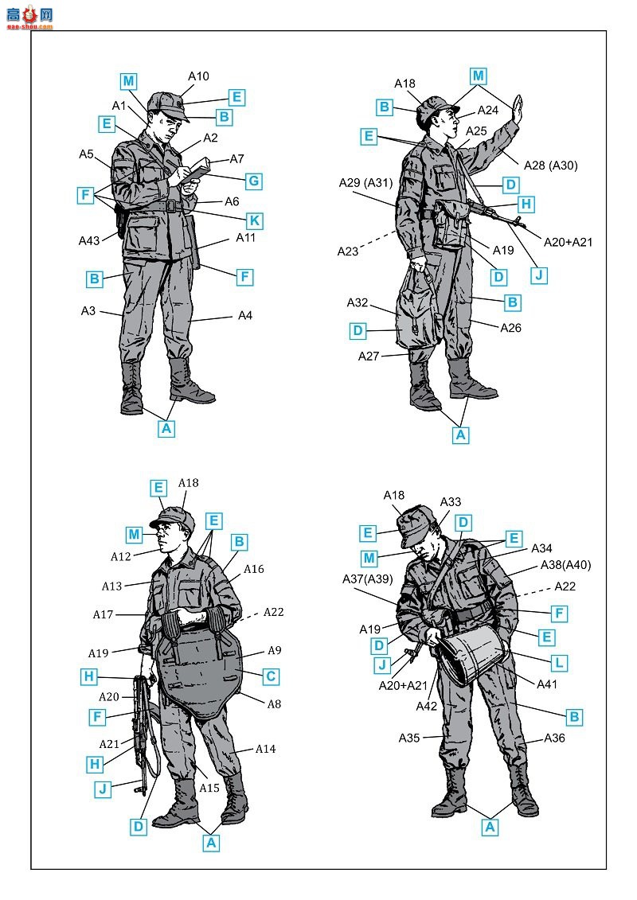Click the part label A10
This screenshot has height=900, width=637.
pyautogui.click(x=198, y=76)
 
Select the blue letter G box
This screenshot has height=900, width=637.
pyautogui.click(x=253, y=181)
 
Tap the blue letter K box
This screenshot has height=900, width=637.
pyautogui.click(x=254, y=221)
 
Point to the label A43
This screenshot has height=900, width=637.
pyautogui.click(x=89, y=240)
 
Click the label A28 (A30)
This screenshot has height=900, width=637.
pyautogui.click(x=550, y=166)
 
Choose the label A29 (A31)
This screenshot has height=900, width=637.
pyautogui.click(x=365, y=183)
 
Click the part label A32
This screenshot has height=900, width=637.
pyautogui.click(x=358, y=302)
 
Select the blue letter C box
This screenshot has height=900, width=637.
pyautogui.click(x=271, y=676)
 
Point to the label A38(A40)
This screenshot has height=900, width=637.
pyautogui.click(x=565, y=565)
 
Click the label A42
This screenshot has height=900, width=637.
pyautogui.click(x=427, y=706)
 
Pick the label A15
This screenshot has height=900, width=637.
pyautogui.click(x=209, y=788)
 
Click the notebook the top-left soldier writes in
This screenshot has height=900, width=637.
pyautogui.click(x=197, y=169)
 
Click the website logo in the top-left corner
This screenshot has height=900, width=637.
pyautogui.click(x=29, y=16)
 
